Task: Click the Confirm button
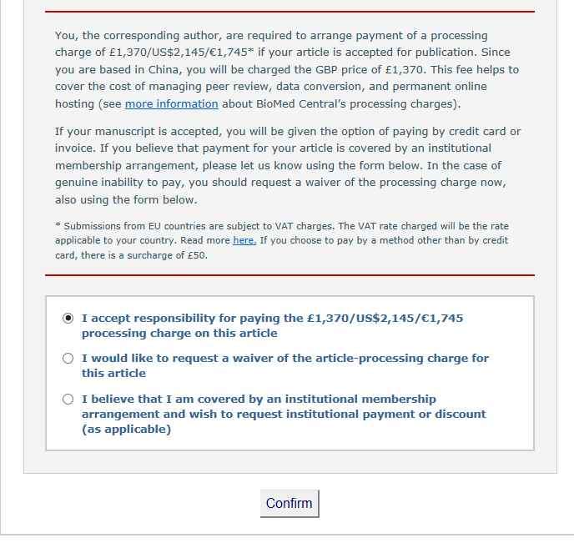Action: [289, 503]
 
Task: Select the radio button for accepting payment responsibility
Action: [68, 318]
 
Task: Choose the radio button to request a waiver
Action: [68, 358]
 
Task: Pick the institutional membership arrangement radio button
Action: [68, 399]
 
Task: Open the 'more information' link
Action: [171, 104]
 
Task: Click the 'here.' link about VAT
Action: [244, 240]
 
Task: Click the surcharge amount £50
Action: [197, 255]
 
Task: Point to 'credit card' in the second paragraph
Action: [472, 132]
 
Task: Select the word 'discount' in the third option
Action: [458, 414]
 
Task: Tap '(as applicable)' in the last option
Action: [126, 429]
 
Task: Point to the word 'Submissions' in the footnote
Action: [92, 226]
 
